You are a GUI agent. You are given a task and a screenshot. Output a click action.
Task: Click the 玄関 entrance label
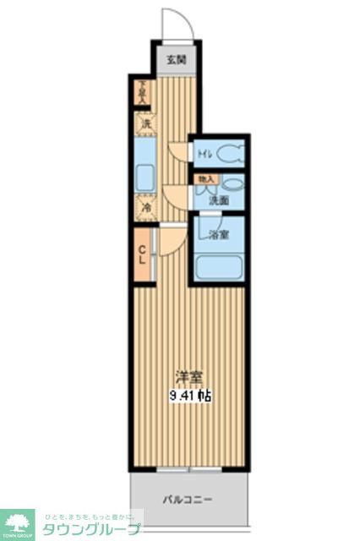coord(175,59)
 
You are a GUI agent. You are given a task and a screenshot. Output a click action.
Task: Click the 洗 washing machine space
coord(145,123)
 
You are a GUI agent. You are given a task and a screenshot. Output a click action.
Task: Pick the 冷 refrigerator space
coord(145,207)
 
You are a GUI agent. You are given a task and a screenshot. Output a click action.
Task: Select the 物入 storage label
coord(206,179)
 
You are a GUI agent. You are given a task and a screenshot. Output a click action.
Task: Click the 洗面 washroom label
coord(220,200)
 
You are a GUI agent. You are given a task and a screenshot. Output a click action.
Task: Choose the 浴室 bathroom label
coord(219,235)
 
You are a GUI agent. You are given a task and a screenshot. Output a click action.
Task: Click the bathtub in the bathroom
coord(218,268)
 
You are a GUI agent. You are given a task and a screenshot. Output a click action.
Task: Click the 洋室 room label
coord(188,377)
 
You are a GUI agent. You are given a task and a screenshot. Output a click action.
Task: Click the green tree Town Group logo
coord(17,522)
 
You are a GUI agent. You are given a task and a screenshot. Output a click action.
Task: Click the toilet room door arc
coord(178,152)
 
